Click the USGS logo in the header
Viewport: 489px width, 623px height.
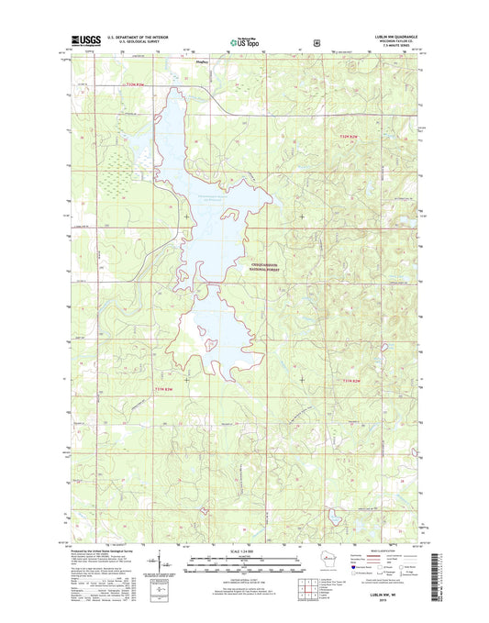tap(84, 40)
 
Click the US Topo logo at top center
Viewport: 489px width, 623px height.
tap(244, 40)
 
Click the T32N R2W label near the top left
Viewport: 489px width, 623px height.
tap(135, 84)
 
